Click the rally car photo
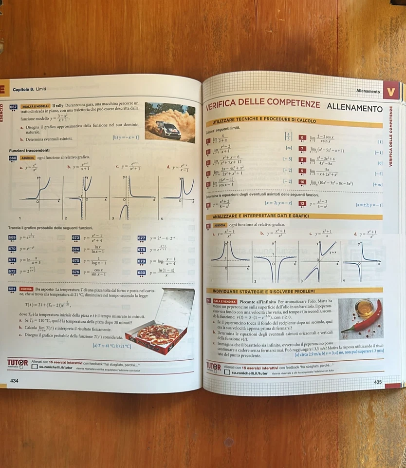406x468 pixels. (169, 122)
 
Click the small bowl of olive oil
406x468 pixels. (364, 308)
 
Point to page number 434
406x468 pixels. (15, 380)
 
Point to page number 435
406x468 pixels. (378, 382)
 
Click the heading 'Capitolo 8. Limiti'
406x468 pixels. (29, 89)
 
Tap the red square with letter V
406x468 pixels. (391, 91)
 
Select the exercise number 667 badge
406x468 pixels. (13, 106)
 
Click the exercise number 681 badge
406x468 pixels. (13, 289)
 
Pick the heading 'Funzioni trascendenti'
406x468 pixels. (29, 150)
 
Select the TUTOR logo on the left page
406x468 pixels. (18, 362)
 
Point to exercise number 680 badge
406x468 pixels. (142, 273)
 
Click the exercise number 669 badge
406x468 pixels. (13, 237)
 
